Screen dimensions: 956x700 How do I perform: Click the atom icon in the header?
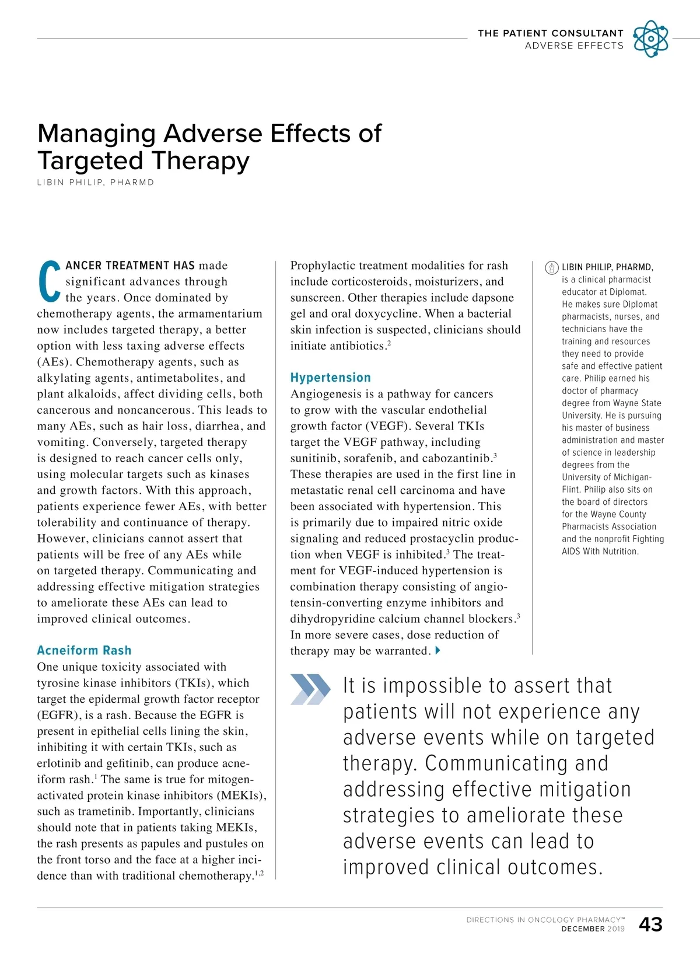[650, 39]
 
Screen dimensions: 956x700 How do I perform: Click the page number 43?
[650, 924]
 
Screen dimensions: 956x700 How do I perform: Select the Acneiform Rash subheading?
[84, 650]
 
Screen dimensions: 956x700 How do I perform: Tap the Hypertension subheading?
[330, 378]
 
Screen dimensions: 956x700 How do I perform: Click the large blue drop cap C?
[49, 282]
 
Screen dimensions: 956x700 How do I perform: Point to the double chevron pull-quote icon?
[310, 689]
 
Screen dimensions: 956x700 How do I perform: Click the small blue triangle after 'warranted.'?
[438, 650]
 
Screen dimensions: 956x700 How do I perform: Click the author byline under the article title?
[96, 182]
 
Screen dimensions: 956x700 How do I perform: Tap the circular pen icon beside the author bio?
[551, 267]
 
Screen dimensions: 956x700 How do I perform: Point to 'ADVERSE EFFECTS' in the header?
[574, 46]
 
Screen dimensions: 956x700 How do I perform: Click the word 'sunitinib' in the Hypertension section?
[314, 458]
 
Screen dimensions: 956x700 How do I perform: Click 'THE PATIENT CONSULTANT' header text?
[550, 33]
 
